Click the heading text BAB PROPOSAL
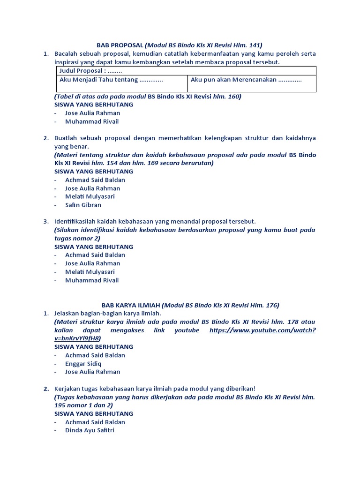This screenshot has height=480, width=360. coord(120,45)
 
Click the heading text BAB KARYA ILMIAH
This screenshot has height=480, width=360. coord(131,305)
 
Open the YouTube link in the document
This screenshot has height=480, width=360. coord(262,330)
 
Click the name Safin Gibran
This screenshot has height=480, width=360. coord(83,205)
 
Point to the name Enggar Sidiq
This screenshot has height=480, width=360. coord(83,363)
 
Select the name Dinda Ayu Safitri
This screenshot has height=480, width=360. coord(90,430)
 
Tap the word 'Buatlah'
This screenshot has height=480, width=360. coord(66,138)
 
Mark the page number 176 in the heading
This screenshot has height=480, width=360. coord(271,305)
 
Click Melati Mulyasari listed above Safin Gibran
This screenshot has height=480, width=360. coord(90,196)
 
